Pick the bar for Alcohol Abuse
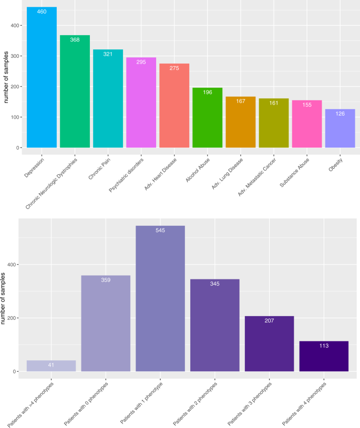click(x=207, y=118)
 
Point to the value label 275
click(x=174, y=68)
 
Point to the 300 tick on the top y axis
click(x=13, y=56)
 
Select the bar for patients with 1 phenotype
click(x=160, y=299)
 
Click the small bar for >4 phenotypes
click(x=51, y=366)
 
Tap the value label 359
click(x=106, y=280)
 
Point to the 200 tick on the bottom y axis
click(x=12, y=318)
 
